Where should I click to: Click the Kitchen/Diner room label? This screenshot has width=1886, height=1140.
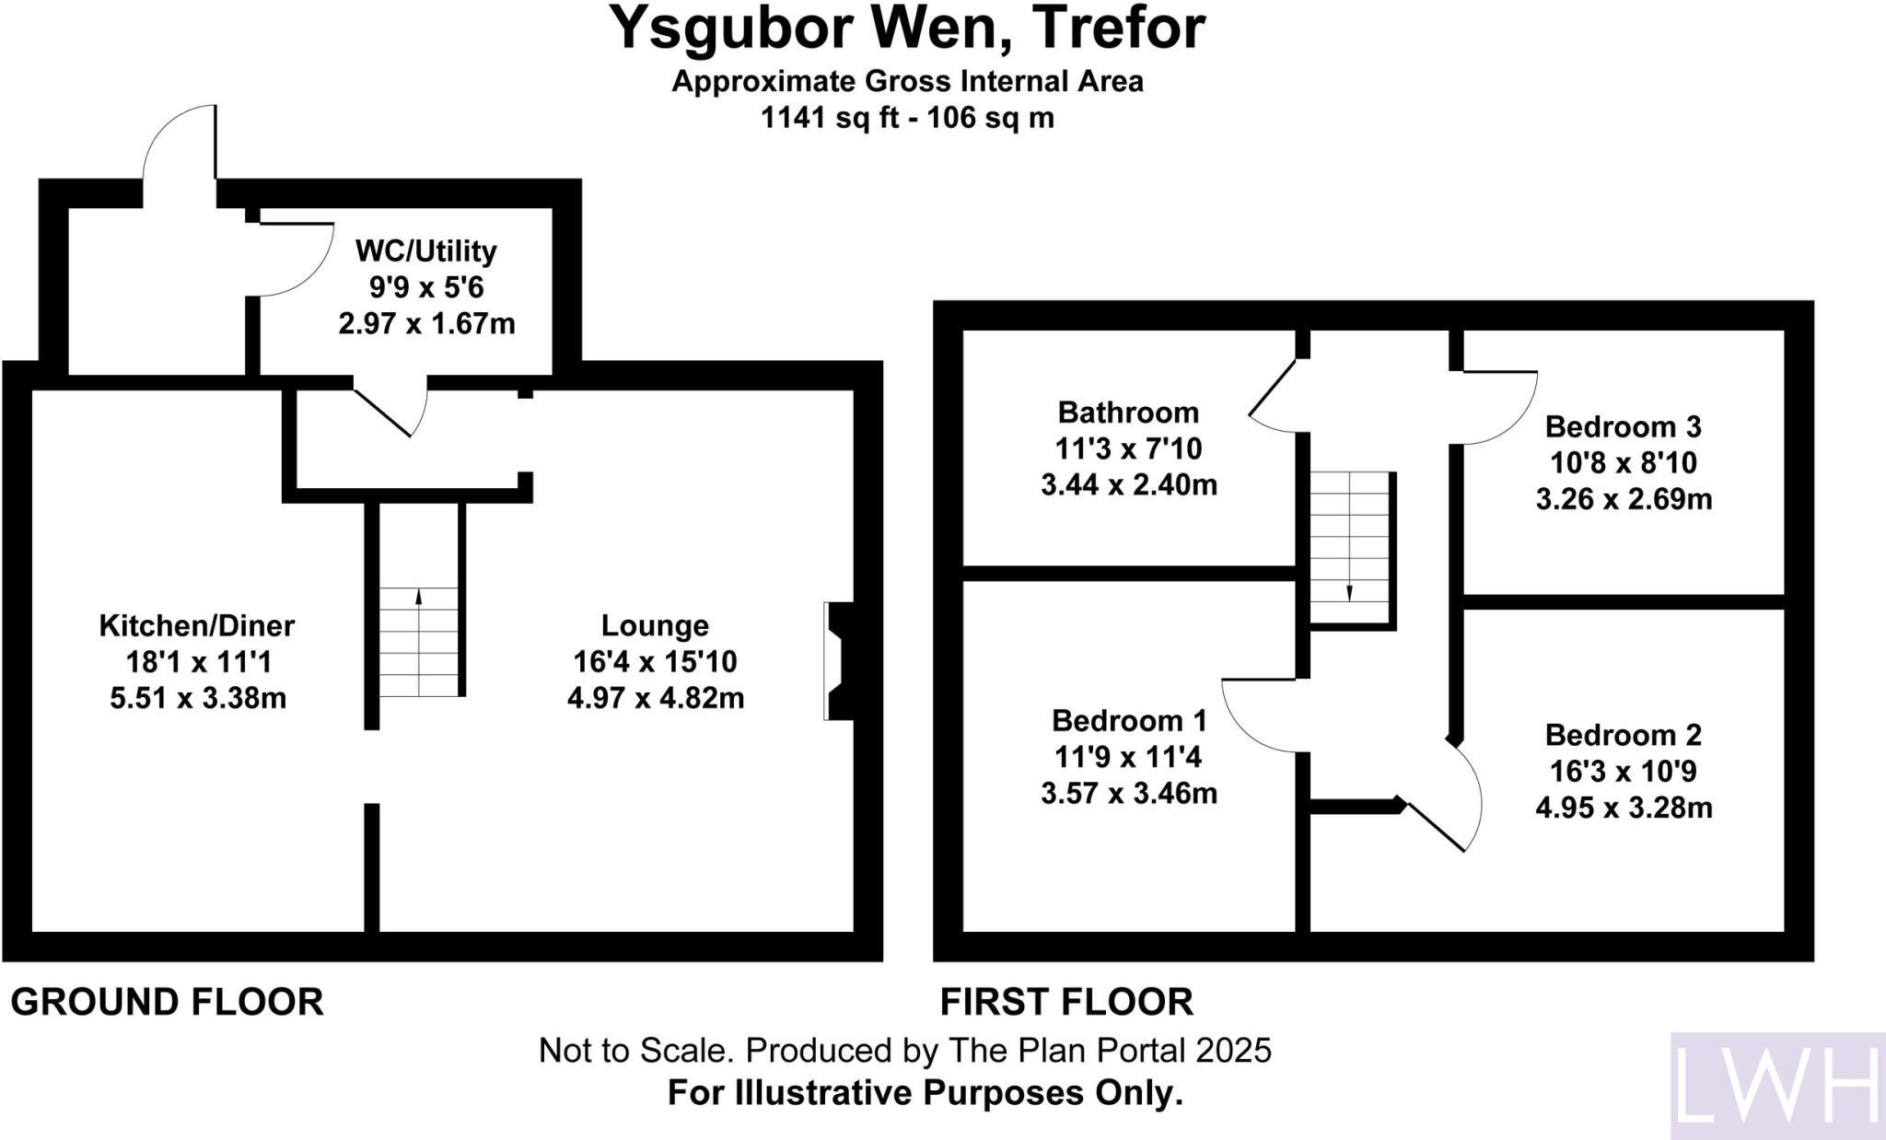(x=196, y=626)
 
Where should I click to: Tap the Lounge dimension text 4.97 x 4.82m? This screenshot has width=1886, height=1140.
(x=655, y=698)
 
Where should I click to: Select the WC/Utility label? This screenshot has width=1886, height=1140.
(x=425, y=250)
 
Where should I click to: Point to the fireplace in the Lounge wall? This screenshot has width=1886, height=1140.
(x=838, y=660)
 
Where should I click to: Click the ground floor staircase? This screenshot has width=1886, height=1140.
(x=419, y=642)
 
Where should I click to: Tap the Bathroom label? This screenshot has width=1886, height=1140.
(x=1128, y=412)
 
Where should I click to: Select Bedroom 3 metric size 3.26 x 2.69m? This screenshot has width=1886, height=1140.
(x=1624, y=499)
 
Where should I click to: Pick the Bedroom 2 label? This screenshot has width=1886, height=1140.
(x=1623, y=735)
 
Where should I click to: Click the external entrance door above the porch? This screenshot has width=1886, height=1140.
(x=180, y=143)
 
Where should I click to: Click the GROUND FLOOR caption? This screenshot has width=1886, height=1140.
(x=167, y=1002)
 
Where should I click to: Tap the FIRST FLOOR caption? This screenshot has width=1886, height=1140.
(x=1066, y=1002)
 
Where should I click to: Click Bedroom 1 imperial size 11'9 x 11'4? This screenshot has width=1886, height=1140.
(x=1128, y=757)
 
